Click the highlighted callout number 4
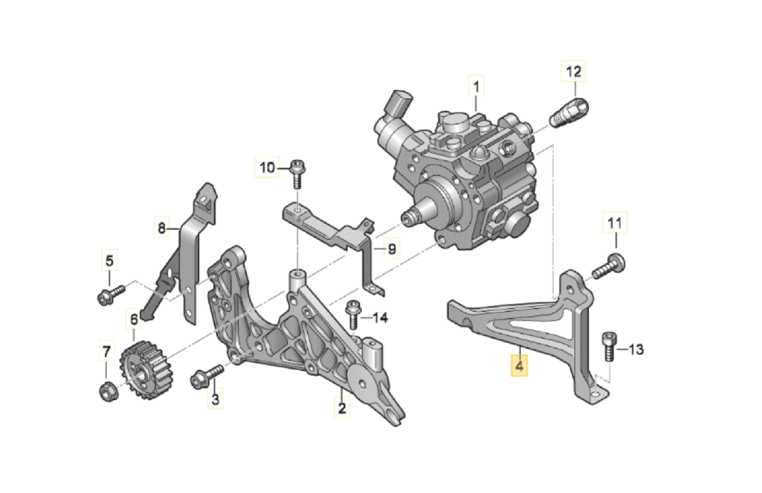(x=519, y=366)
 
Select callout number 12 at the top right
(x=573, y=71)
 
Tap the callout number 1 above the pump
(x=476, y=86)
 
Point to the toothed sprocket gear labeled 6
(x=146, y=369)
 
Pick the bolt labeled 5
(x=111, y=295)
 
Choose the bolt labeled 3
(x=207, y=377)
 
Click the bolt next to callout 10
(x=298, y=174)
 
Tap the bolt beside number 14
(x=353, y=314)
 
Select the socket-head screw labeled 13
(x=609, y=347)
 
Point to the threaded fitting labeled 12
(x=569, y=112)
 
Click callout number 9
(x=392, y=249)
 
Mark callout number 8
(x=161, y=227)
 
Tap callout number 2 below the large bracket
(x=342, y=407)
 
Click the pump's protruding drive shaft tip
(x=407, y=218)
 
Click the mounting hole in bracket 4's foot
(x=595, y=395)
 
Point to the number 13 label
(x=635, y=350)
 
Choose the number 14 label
(x=380, y=318)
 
